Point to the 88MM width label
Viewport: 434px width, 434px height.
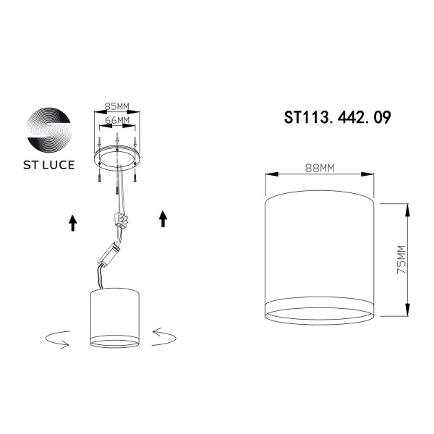coord(318,169)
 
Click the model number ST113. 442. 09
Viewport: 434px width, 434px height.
coord(339,117)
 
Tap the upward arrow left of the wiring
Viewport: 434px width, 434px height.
coord(72,221)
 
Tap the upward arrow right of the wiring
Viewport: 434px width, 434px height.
coord(163,218)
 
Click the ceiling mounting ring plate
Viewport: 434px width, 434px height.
coord(116,157)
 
